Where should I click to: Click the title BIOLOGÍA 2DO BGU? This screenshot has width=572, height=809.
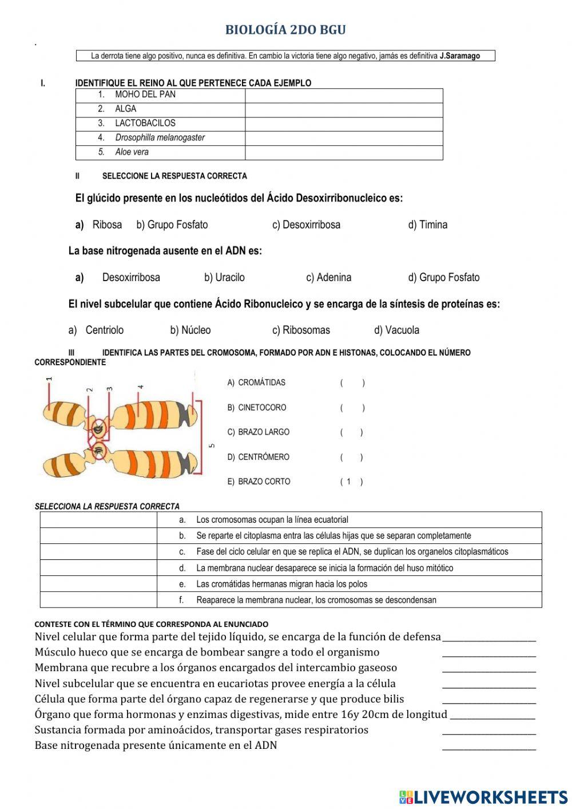[x=285, y=30]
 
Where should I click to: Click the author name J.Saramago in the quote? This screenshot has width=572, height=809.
[x=460, y=56]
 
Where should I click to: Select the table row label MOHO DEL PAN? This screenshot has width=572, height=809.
[x=145, y=94]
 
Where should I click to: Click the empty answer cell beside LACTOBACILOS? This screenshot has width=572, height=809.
[x=344, y=124]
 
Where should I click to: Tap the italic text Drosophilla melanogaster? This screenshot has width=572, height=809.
[x=160, y=137]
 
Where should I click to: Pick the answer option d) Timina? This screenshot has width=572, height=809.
[x=427, y=225]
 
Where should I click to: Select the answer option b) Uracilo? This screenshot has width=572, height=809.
[x=224, y=278]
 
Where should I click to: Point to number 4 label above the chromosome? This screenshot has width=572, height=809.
[x=140, y=388]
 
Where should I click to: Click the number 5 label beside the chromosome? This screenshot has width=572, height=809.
[x=212, y=445]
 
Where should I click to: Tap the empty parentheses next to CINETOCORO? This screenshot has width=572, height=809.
[x=352, y=408]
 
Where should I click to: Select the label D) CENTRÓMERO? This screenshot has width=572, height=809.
[x=259, y=457]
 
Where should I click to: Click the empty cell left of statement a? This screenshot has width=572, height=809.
[x=98, y=520]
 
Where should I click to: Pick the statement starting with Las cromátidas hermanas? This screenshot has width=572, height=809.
[x=281, y=584]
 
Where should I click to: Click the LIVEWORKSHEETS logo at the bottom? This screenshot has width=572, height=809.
[x=483, y=796]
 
